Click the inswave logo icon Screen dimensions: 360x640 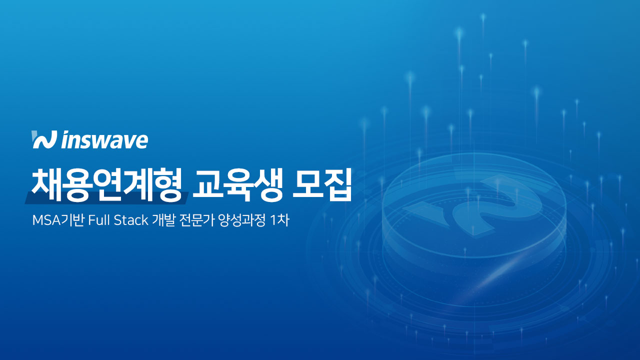click(43, 140)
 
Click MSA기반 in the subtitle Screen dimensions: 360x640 click(57, 220)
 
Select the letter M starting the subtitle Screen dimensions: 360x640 click(37, 220)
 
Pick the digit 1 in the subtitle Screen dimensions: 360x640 click(273, 220)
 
